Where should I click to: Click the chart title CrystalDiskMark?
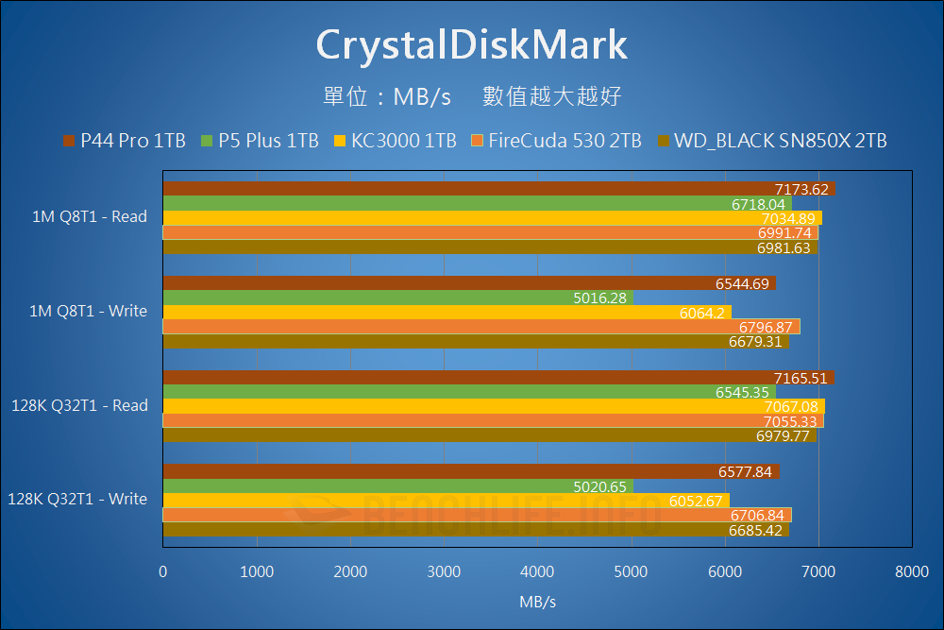471,44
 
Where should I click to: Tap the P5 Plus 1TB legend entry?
261,141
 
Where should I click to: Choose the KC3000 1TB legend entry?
396,141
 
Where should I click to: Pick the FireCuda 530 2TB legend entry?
556,141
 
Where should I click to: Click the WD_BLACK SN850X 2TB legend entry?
771,141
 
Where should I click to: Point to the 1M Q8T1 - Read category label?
90,216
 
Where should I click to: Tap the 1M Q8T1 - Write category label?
89,311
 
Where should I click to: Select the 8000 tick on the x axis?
911,571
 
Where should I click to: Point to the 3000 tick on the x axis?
444,571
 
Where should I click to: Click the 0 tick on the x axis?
163,571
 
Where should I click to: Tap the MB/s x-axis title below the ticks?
537,602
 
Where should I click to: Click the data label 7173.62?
801,190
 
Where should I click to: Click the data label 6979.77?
784,436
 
